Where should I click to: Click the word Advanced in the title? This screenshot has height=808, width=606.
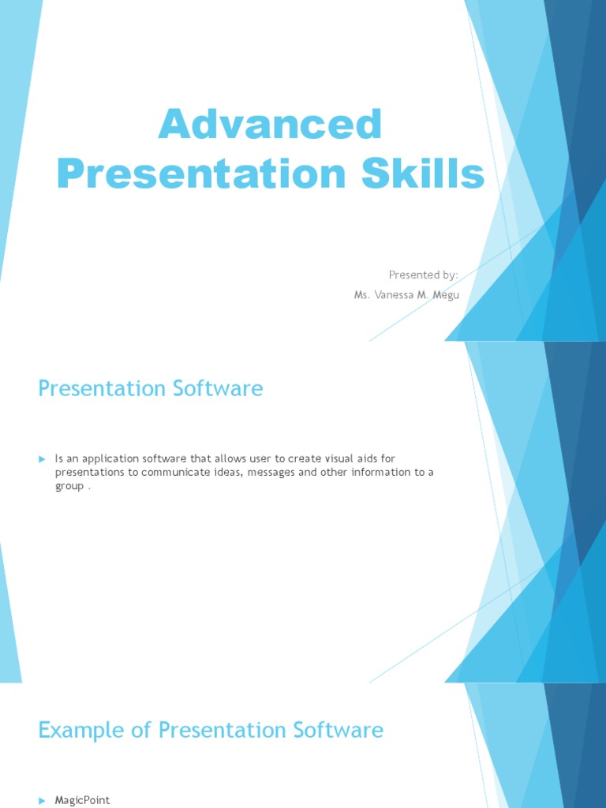(x=270, y=125)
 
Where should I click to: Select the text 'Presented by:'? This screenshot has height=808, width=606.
(x=423, y=275)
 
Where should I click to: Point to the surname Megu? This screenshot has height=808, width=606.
(x=442, y=294)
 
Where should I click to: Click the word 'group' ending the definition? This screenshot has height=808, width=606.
(x=69, y=486)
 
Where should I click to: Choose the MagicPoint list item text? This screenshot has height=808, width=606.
(x=82, y=800)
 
